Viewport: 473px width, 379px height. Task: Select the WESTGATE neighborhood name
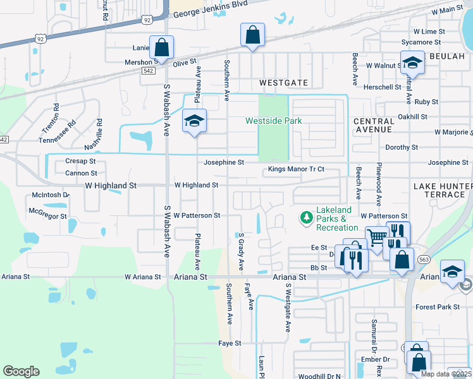click(x=283, y=83)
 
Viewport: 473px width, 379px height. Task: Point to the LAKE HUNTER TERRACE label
click(x=443, y=190)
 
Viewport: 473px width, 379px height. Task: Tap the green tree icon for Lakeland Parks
click(x=307, y=217)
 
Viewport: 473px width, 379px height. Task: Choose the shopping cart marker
click(x=376, y=238)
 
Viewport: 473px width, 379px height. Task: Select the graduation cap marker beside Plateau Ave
click(x=195, y=121)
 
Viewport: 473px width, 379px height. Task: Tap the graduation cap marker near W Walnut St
click(x=412, y=63)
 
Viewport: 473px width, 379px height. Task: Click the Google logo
click(x=21, y=371)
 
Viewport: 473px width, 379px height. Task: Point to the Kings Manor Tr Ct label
click(x=296, y=169)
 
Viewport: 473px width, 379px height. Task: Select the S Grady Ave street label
click(x=241, y=251)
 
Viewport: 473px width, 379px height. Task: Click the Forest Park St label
click(x=438, y=307)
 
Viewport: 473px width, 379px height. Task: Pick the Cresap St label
click(x=80, y=161)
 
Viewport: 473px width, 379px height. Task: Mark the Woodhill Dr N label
click(x=319, y=376)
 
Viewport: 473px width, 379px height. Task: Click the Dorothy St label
click(x=402, y=147)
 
